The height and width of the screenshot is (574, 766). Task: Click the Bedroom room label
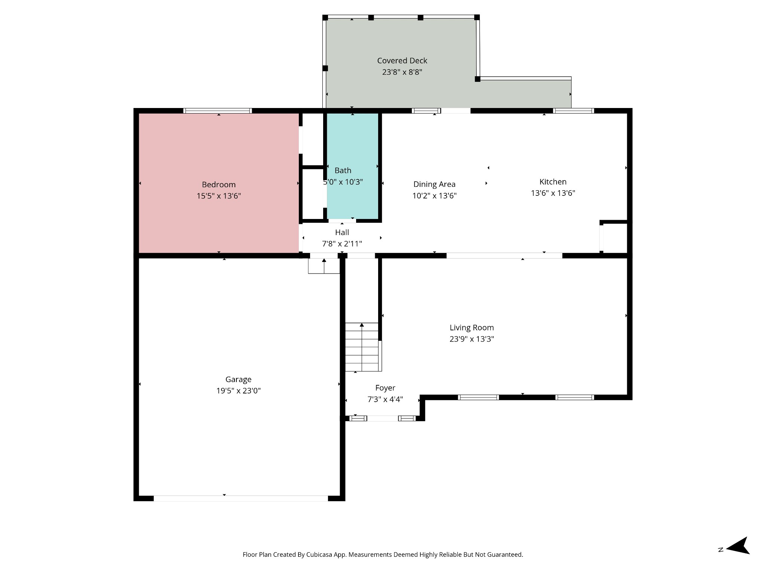tap(219, 185)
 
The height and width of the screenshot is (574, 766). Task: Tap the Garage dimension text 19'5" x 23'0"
tap(238, 391)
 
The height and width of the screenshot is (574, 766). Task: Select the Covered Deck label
tap(402, 61)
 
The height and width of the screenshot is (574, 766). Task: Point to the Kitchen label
tap(553, 182)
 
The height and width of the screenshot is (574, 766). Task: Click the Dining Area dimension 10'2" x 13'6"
tap(434, 196)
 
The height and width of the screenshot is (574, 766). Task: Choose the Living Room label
tap(472, 328)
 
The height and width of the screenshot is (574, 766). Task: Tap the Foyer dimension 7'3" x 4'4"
tap(385, 399)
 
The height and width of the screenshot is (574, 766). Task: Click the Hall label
tap(342, 232)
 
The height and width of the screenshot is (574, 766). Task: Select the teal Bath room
tap(352, 166)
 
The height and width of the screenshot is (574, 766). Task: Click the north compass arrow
tap(738, 550)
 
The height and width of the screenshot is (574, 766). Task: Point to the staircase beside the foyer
tap(362, 347)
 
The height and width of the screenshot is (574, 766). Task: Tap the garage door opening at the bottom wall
tap(241, 498)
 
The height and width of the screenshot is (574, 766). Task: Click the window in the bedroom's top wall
tap(218, 111)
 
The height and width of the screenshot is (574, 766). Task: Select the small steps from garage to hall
tap(324, 266)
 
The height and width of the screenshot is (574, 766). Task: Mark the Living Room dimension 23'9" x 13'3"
tap(472, 339)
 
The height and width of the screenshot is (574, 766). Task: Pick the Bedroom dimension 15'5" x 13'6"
tap(219, 196)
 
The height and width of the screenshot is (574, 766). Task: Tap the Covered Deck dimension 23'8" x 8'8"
tap(402, 72)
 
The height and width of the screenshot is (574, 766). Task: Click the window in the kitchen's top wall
tap(573, 111)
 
